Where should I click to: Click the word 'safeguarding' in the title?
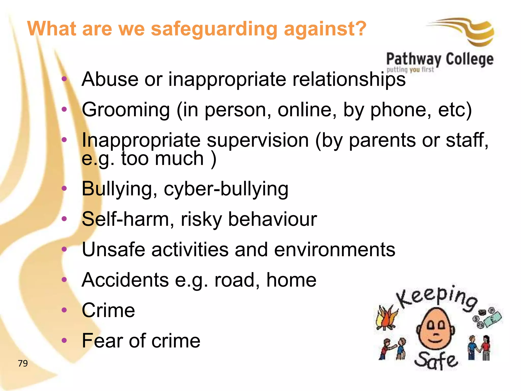214,29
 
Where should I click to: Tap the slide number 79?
23,363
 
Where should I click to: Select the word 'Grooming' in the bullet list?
126,110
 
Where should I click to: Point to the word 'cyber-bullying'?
226,189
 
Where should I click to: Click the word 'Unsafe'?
113,249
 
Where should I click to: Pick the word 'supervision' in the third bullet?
257,141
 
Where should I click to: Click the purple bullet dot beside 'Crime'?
64,310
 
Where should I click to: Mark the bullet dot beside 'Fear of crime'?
64,340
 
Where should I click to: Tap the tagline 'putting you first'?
410,69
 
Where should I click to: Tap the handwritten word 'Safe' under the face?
436,360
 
